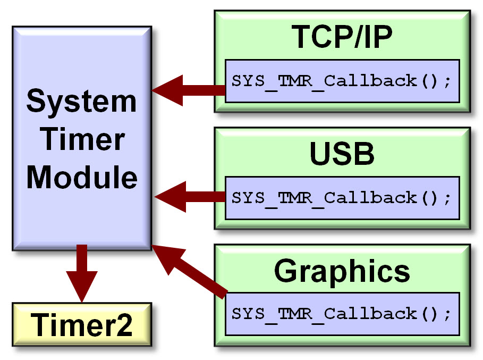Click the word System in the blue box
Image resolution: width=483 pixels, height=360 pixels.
pos(81,102)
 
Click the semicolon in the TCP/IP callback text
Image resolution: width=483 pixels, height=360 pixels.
pos(447,83)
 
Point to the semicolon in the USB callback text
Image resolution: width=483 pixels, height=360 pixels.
pos(447,199)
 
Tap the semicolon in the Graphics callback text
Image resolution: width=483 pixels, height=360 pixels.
pos(447,315)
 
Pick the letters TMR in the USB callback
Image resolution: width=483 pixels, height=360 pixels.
pos(294,198)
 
